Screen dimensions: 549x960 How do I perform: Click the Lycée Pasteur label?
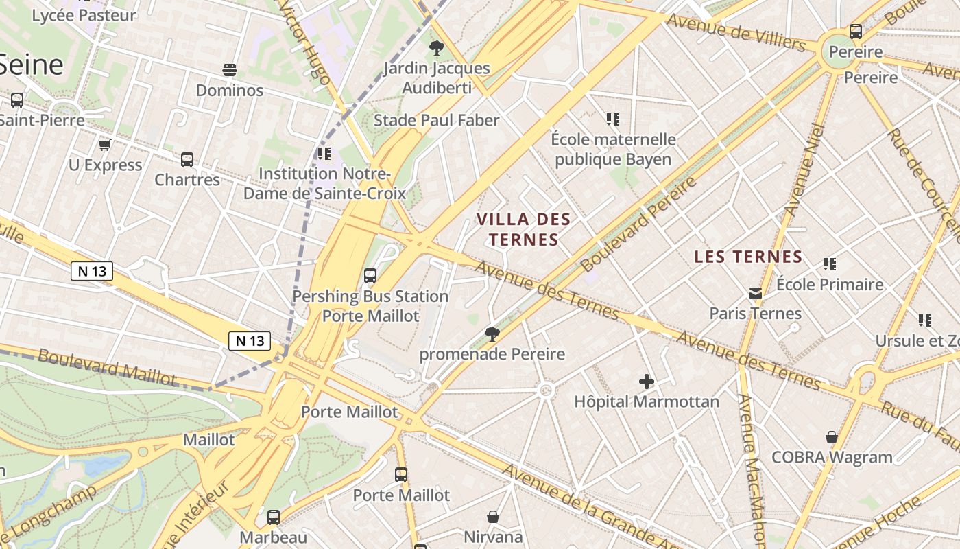(x=84, y=14)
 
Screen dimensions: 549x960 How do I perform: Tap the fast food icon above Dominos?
(x=230, y=70)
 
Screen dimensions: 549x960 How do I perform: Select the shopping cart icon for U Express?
(x=105, y=145)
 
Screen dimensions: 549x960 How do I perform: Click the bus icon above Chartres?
(x=187, y=160)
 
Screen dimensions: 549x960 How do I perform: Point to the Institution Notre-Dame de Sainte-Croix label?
(x=325, y=183)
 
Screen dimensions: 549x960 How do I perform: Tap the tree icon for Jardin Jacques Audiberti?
(x=436, y=48)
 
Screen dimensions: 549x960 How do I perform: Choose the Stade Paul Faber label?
(x=436, y=120)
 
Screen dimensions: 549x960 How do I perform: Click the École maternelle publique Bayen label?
(x=613, y=150)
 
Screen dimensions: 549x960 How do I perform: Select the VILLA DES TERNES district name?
(x=523, y=229)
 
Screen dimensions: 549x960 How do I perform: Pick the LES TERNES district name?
(x=748, y=257)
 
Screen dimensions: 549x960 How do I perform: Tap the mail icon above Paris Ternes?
(x=755, y=294)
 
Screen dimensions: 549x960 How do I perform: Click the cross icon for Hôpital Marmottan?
(x=646, y=382)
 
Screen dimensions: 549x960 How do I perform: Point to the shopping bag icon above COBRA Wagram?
(x=832, y=437)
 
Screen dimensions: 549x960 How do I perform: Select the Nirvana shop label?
(x=493, y=537)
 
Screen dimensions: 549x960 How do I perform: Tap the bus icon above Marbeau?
(x=274, y=517)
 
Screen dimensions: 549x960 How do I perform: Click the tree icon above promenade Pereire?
(x=492, y=334)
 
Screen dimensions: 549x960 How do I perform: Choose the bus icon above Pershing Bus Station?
(x=370, y=276)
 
